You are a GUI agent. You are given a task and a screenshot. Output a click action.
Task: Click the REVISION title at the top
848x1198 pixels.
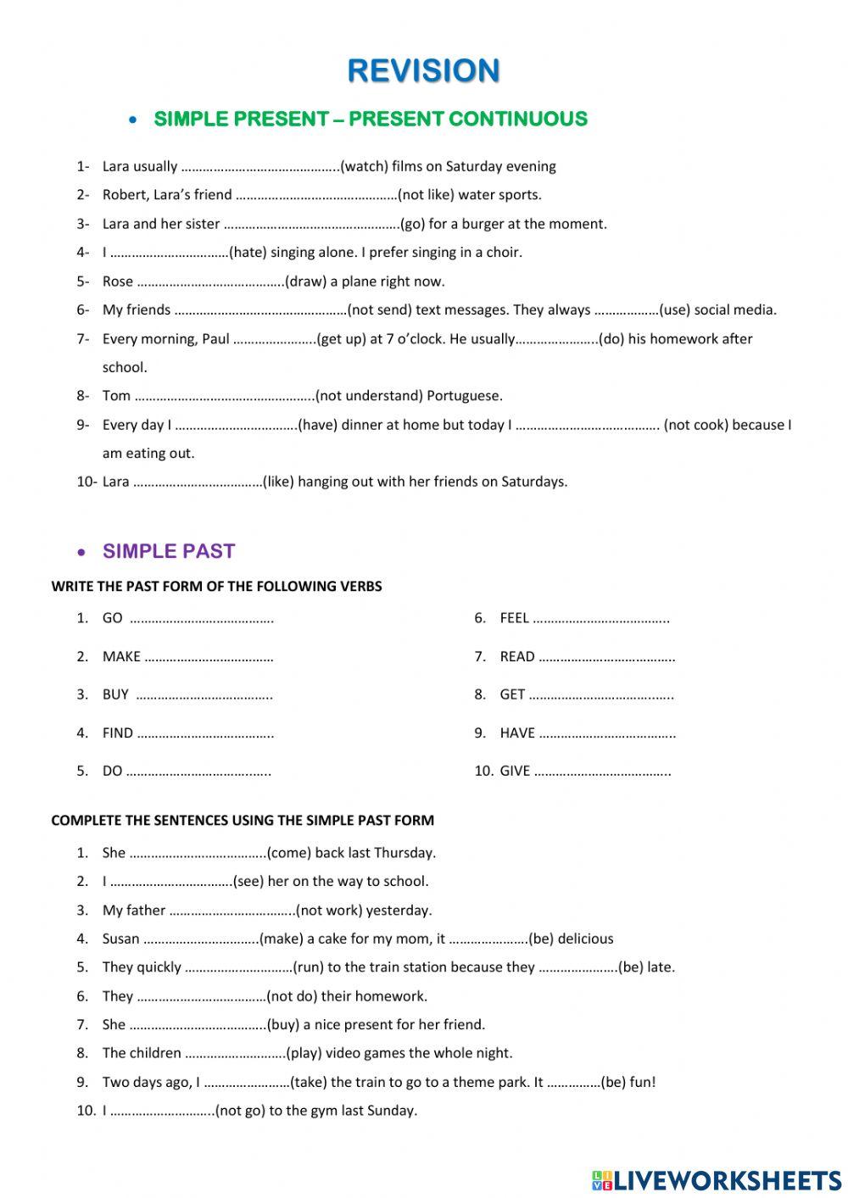(x=423, y=70)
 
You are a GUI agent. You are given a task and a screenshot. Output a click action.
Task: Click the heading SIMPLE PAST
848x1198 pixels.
(x=169, y=551)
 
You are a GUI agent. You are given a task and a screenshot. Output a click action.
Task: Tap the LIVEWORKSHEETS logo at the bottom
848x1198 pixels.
(x=717, y=1180)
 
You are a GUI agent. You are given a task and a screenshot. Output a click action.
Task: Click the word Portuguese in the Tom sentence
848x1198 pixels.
(x=465, y=395)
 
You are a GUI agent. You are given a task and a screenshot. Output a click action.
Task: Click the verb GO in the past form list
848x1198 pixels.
(x=113, y=618)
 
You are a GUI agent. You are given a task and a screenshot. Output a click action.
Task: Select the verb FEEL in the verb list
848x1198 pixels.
(x=514, y=618)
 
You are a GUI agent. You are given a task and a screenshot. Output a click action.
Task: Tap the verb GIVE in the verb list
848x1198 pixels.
(x=515, y=771)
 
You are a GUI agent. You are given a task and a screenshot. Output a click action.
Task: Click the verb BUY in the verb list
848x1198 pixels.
(x=115, y=694)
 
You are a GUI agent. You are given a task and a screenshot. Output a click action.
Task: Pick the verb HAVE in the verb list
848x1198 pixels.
(x=517, y=733)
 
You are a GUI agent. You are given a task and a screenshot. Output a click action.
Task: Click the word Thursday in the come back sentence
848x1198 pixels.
(x=404, y=853)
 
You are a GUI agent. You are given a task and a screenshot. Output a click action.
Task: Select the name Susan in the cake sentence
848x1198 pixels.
(x=120, y=939)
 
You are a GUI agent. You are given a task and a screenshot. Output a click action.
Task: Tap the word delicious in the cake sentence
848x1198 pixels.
(x=585, y=939)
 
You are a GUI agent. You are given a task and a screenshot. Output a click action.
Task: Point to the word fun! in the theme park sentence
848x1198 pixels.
(x=643, y=1082)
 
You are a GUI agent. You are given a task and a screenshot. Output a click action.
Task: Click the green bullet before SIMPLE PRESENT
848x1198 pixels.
(x=132, y=120)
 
